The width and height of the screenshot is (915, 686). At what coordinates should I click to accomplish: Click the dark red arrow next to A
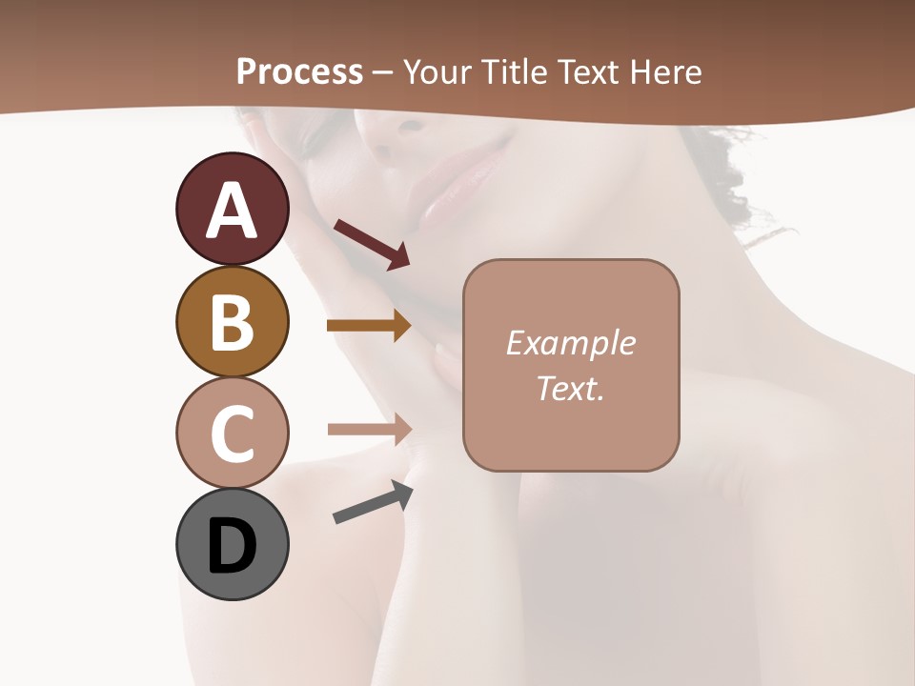372,244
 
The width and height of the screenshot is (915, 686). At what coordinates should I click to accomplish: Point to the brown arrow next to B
369,326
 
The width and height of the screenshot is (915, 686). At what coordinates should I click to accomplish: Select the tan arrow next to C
369,429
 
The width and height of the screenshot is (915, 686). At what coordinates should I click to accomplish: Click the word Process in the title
299,71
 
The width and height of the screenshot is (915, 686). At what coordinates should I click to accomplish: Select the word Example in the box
570,343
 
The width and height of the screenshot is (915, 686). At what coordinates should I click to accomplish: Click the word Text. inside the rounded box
570,388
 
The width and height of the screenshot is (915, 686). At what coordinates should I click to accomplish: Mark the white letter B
232,322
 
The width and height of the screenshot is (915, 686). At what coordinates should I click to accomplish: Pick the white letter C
232,434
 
